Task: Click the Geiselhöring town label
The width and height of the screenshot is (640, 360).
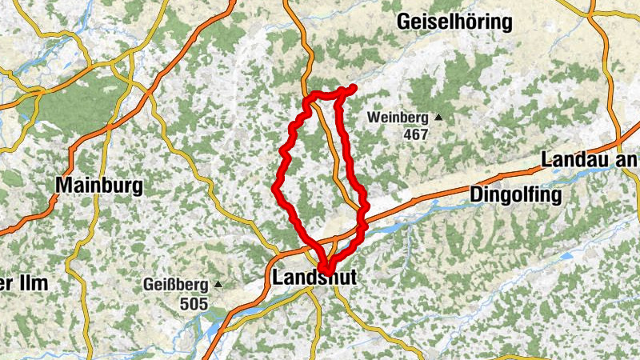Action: [x=454, y=22]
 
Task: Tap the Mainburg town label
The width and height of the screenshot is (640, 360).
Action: [x=99, y=186]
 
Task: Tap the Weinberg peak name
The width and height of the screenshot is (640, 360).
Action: [x=398, y=118]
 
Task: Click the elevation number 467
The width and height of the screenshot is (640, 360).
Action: [x=416, y=134]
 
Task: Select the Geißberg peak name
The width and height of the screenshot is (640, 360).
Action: [x=174, y=285]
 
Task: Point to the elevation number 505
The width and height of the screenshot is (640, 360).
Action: [x=194, y=303]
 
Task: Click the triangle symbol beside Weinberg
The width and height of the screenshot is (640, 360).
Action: [x=438, y=118]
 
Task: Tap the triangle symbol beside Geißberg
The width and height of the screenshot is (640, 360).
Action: [x=217, y=284]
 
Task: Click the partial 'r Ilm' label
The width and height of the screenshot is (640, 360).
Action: [x=23, y=283]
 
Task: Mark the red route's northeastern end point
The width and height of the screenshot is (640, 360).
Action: [x=352, y=88]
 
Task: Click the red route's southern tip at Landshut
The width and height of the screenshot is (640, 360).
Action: [x=322, y=270]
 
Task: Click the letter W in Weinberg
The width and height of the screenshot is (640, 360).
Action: [x=373, y=118]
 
